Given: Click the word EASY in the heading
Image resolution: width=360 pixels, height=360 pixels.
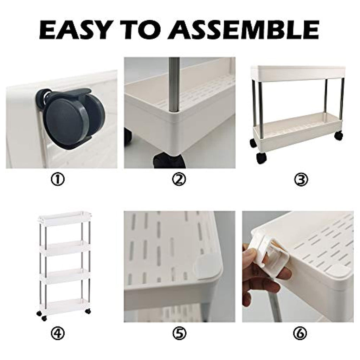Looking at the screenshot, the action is click(x=74, y=30).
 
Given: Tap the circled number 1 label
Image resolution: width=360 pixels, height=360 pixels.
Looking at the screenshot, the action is click(x=58, y=180).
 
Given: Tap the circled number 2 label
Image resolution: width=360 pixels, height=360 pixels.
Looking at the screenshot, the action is click(x=179, y=180).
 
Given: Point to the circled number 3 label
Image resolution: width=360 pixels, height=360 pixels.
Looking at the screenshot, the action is click(x=301, y=180).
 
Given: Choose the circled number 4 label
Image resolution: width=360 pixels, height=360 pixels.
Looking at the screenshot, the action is click(x=58, y=333).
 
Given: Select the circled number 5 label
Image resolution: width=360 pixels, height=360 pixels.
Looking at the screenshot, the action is click(x=179, y=333).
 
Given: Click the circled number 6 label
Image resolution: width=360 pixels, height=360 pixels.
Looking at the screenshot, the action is click(x=301, y=333).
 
